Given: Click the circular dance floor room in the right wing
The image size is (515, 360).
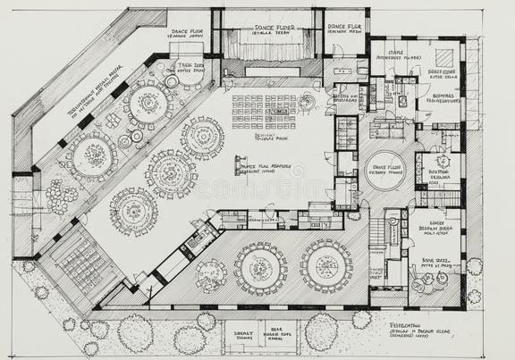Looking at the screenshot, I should pyautogui.click(x=385, y=170).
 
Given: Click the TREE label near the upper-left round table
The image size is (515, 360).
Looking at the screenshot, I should pyautogui.click(x=190, y=67).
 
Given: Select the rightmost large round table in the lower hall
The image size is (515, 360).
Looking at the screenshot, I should pyautogui.click(x=325, y=265).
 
